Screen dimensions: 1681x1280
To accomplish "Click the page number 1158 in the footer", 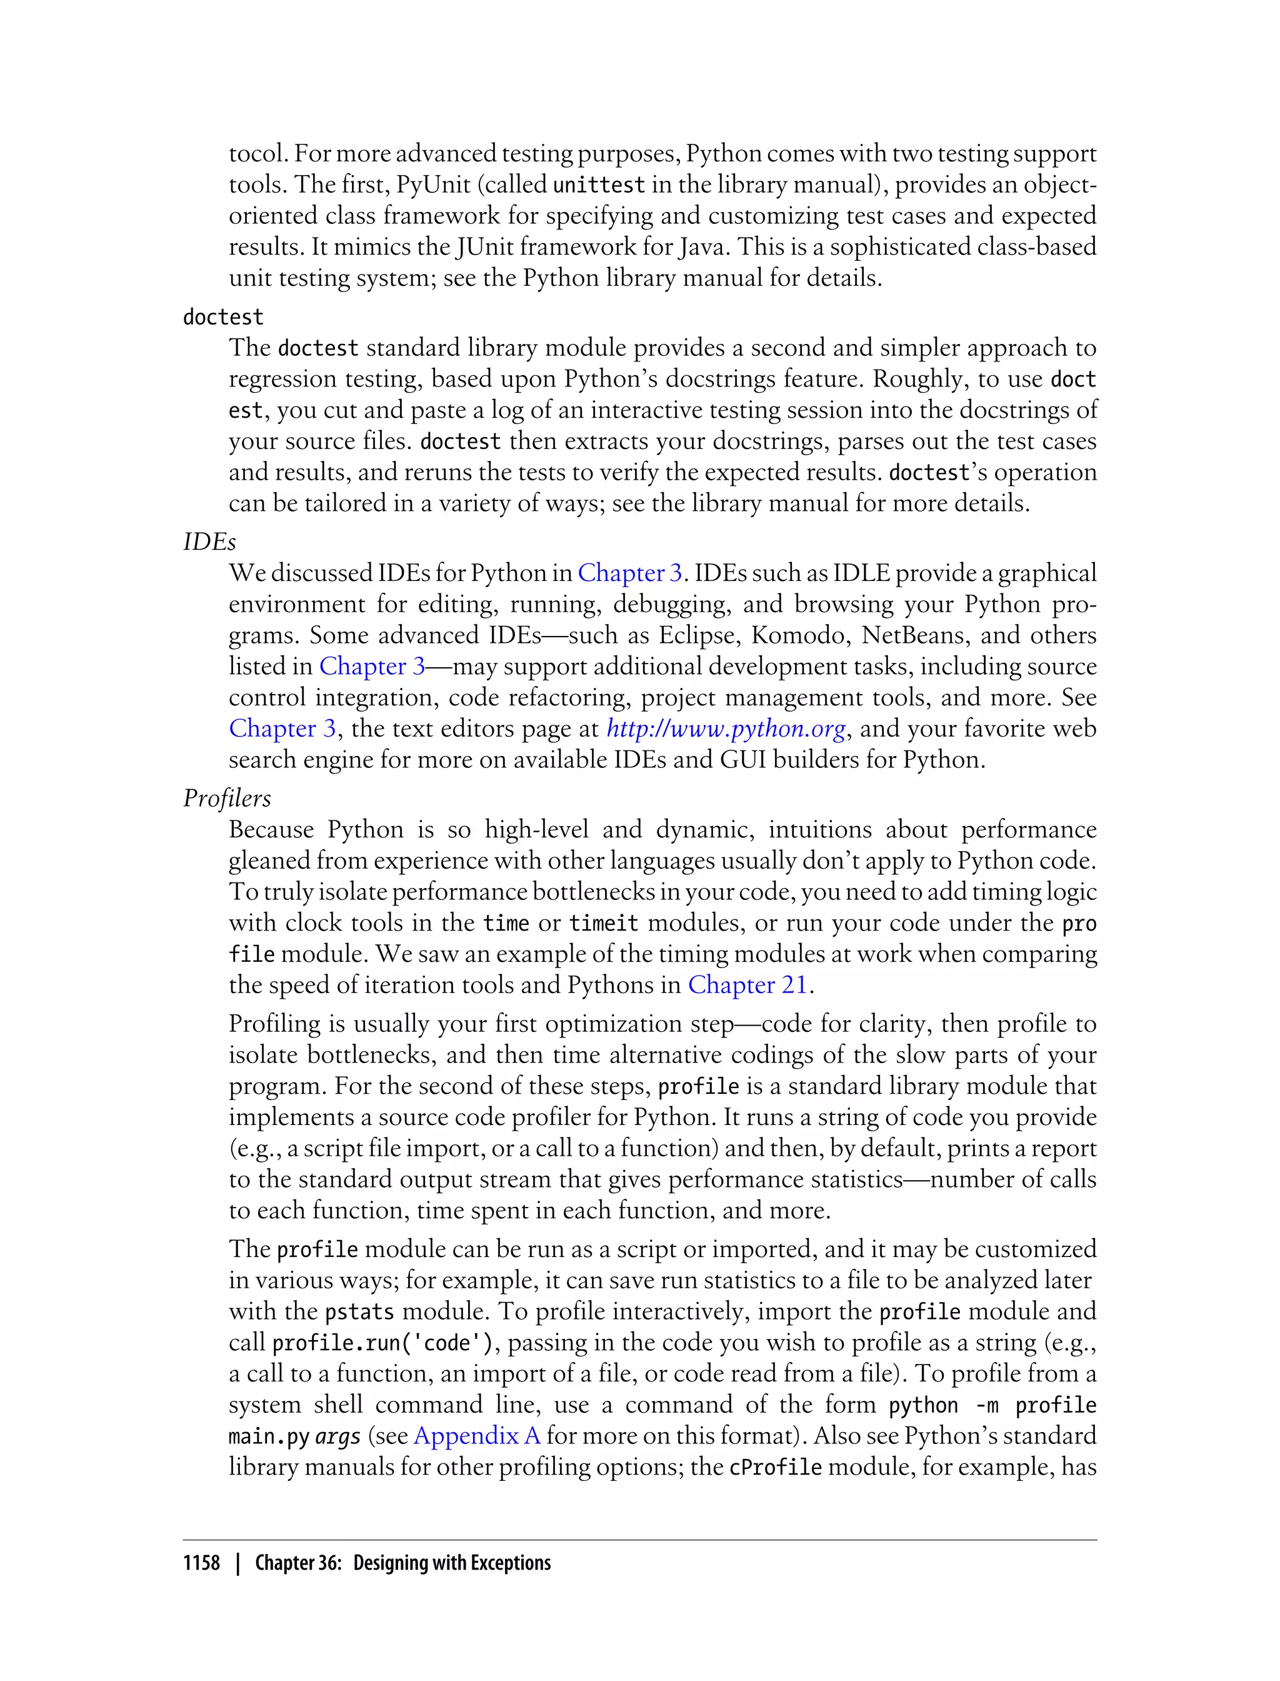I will [x=201, y=1562].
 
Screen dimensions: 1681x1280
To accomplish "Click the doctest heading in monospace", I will [x=222, y=317].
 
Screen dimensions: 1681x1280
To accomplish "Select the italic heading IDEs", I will [x=209, y=542].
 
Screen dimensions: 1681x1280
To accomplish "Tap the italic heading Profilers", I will [x=227, y=798].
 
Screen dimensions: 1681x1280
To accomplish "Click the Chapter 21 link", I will [x=747, y=985].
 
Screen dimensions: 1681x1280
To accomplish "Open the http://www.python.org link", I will [x=726, y=729].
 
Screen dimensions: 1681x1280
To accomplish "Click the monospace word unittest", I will [x=599, y=185].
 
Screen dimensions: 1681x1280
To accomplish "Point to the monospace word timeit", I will [x=603, y=923].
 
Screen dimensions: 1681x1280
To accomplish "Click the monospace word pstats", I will [x=359, y=1312].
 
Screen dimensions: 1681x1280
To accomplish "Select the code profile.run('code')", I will [x=383, y=1343].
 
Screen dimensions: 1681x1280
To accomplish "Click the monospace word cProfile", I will [x=775, y=1468].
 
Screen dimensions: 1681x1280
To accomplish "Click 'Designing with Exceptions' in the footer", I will [x=452, y=1562].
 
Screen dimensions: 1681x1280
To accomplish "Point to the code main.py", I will [x=268, y=1437].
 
